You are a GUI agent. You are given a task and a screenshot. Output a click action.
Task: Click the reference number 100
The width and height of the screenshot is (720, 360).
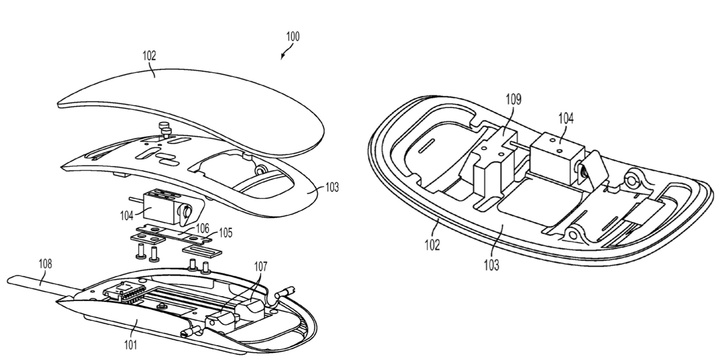tap(292, 37)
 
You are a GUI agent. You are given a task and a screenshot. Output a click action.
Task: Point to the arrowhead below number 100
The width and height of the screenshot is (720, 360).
tap(283, 56)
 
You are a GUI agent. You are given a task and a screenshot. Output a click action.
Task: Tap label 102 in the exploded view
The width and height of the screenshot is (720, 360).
tap(149, 56)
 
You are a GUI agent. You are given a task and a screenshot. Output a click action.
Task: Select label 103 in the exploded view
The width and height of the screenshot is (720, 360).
tap(332, 187)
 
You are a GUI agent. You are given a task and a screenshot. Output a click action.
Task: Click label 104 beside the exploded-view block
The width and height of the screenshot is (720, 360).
tap(127, 215)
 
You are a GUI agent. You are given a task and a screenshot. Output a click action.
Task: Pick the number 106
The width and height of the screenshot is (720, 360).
tap(202, 228)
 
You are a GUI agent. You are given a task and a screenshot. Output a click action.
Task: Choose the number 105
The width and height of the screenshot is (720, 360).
tap(225, 232)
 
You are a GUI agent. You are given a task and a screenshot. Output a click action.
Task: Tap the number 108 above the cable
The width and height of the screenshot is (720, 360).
tap(45, 264)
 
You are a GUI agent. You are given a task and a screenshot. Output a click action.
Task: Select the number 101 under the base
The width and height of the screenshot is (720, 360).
tap(129, 344)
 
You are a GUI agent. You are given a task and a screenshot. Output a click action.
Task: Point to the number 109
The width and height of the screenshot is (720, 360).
tap(514, 99)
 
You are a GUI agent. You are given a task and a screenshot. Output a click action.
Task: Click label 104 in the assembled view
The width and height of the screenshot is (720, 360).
tap(566, 118)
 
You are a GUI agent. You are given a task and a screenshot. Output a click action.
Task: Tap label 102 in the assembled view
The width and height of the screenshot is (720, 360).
tap(432, 245)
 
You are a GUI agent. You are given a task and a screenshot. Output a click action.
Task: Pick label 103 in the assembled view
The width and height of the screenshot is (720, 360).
tap(491, 265)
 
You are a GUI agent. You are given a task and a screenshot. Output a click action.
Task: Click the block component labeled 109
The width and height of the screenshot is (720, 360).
tap(495, 158)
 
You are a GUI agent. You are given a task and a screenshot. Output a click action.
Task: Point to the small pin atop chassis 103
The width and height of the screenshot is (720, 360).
tap(163, 128)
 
